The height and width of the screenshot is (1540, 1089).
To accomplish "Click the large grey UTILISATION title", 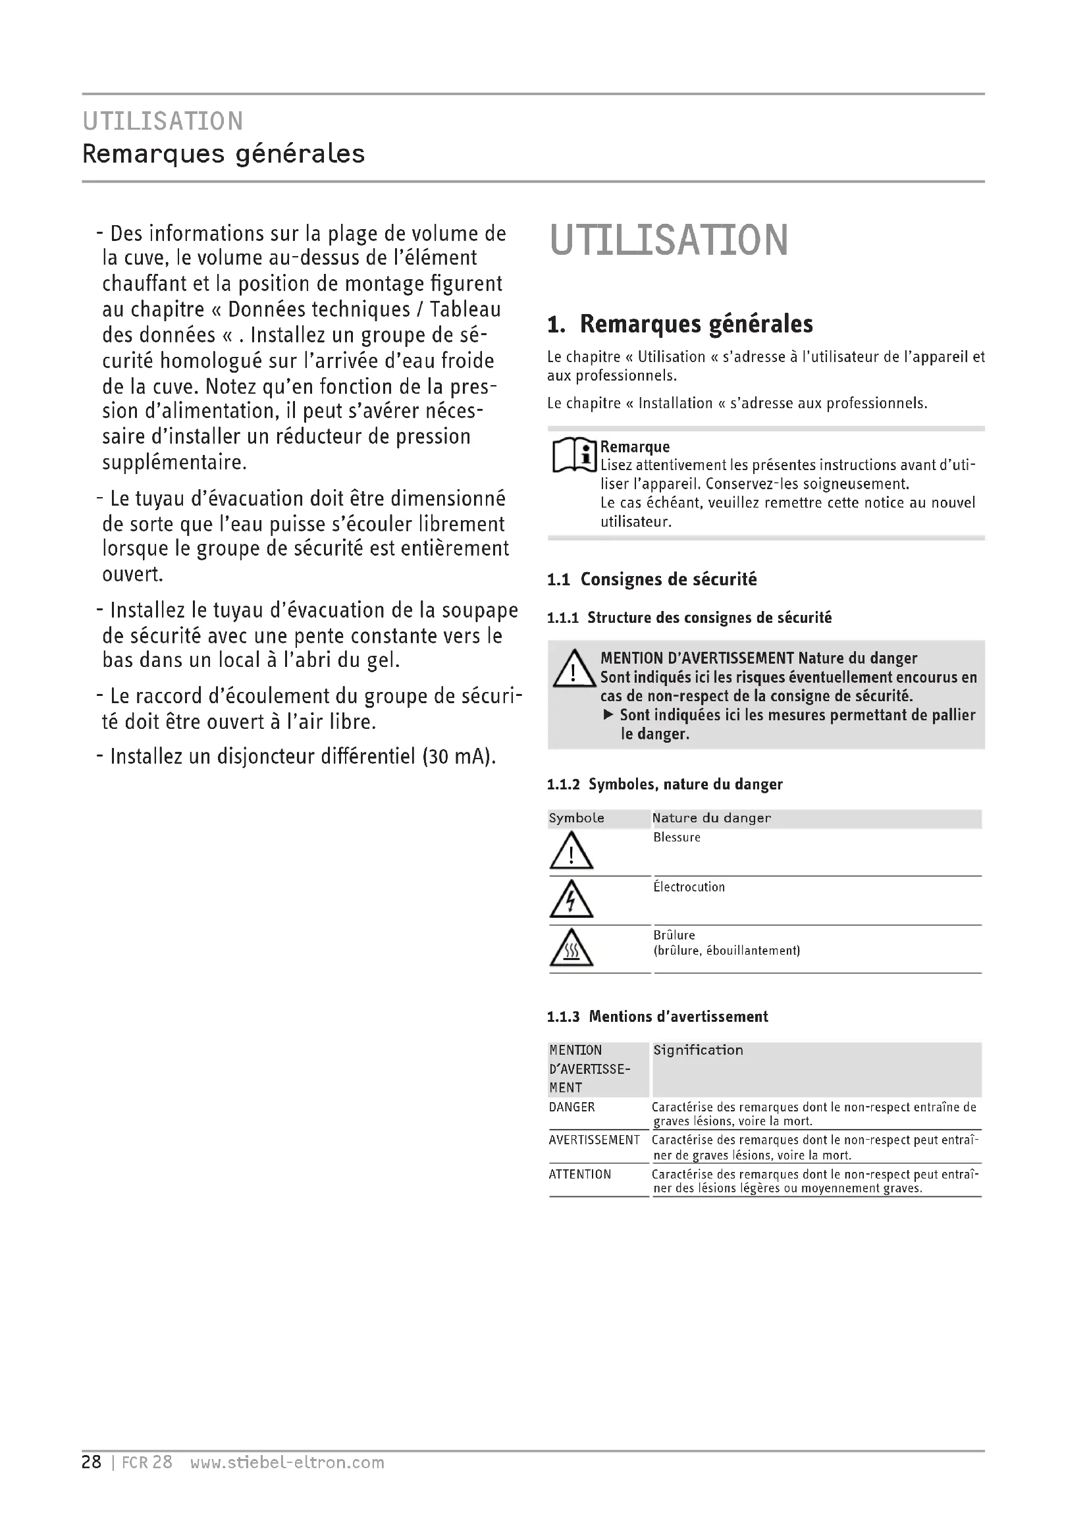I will click(668, 241).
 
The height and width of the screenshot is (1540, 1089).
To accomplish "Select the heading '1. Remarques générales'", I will click(680, 324).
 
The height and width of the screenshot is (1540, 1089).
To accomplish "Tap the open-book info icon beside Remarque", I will click(574, 456).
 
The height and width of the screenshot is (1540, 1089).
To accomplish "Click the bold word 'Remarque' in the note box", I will click(634, 446).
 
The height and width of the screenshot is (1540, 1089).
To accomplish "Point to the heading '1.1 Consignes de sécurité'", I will click(652, 579).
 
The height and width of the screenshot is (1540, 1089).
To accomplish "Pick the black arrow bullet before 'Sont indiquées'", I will click(608, 715).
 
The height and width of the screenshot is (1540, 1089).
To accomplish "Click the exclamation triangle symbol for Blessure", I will click(571, 851).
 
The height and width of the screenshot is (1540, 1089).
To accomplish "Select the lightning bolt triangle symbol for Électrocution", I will click(571, 899).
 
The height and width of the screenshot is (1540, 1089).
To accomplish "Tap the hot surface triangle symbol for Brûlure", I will click(571, 947).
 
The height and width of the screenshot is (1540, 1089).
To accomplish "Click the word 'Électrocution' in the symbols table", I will click(689, 888).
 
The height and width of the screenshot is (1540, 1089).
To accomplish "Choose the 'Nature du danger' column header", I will click(711, 818).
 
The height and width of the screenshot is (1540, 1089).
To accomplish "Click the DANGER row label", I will click(571, 1107).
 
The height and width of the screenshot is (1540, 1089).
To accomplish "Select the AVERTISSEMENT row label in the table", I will click(594, 1140).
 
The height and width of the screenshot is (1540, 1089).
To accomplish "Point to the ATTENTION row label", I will click(579, 1175).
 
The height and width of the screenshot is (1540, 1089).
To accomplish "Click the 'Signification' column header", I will click(698, 1050).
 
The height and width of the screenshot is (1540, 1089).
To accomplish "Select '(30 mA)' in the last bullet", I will click(459, 757).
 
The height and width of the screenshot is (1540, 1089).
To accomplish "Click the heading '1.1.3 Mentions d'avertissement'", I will click(657, 1017).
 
